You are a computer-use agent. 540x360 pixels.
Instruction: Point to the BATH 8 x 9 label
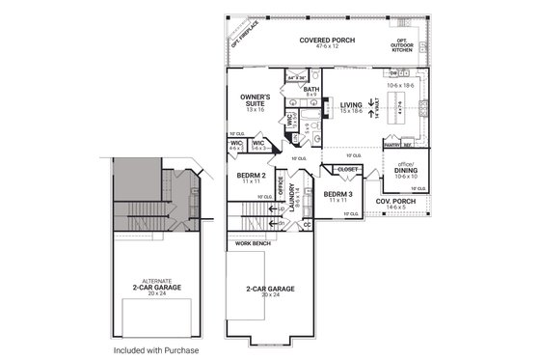(311, 91)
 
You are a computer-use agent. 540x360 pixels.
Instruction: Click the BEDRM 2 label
(251, 178)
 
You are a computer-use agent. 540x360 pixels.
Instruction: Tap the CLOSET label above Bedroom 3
(348, 170)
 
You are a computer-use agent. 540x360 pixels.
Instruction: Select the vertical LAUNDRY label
(290, 204)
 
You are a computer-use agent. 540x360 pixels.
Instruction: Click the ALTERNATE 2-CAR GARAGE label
(154, 287)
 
